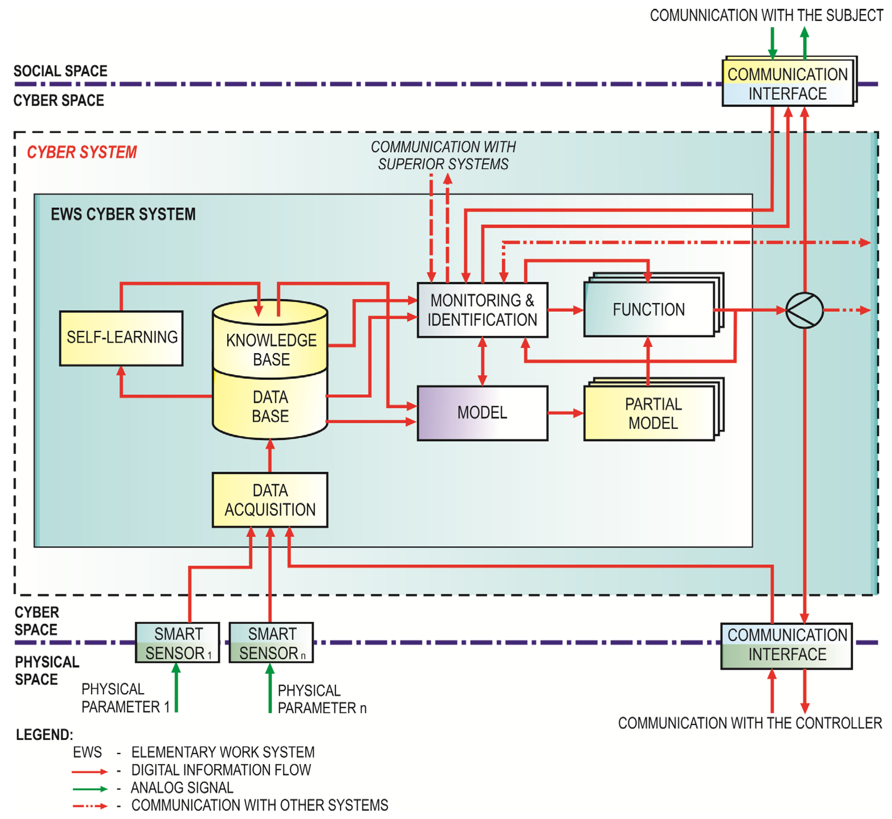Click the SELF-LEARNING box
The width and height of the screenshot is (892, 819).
(x=121, y=338)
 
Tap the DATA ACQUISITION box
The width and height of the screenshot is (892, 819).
(x=270, y=500)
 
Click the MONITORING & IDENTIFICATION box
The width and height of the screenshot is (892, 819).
(x=483, y=310)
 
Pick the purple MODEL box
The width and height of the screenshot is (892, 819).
(x=483, y=413)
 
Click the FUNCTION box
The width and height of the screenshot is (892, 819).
(x=653, y=305)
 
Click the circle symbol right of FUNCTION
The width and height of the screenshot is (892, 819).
(x=804, y=310)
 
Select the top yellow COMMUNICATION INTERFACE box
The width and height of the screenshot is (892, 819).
(x=790, y=81)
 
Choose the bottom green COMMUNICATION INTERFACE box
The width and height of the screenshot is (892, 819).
(x=787, y=646)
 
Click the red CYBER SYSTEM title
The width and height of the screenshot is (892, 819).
(x=82, y=152)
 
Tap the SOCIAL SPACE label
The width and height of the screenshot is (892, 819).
(x=60, y=71)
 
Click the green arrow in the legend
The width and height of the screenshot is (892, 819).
(x=90, y=789)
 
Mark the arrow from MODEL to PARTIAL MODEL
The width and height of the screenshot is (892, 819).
(x=566, y=413)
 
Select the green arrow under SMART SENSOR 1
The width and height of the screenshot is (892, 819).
(x=176, y=687)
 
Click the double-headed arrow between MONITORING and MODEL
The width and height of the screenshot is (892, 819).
(x=483, y=362)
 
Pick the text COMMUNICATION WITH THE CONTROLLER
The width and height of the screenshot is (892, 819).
(x=750, y=723)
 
